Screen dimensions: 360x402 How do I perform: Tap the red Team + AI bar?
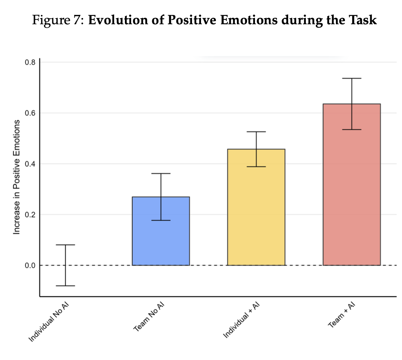click(x=351, y=194)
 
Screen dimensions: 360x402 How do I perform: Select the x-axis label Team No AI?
click(x=149, y=317)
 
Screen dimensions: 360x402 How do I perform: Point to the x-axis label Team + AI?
click(x=342, y=315)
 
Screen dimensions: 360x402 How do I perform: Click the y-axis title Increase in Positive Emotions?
click(x=16, y=177)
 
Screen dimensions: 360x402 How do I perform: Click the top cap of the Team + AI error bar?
click(x=351, y=79)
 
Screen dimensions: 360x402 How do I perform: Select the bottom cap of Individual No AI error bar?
click(x=65, y=286)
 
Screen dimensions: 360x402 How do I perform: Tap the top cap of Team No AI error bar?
click(x=161, y=173)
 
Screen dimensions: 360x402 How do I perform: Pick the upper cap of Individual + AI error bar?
click(x=256, y=132)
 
